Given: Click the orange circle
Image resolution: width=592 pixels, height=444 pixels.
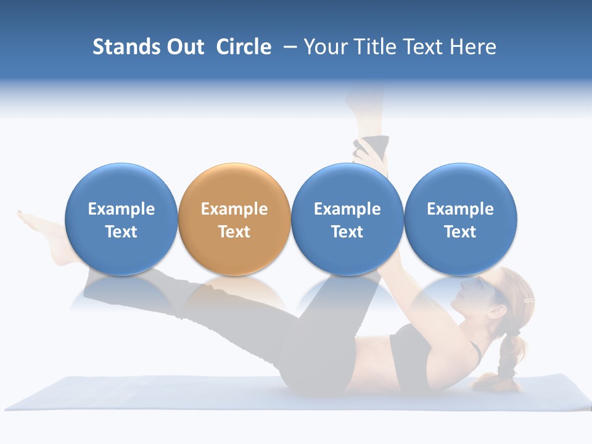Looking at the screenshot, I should coord(234,219).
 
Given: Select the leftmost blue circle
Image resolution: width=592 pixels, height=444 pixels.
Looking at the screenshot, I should coord(121,219).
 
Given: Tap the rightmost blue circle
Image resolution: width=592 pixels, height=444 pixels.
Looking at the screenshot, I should coord(460,219).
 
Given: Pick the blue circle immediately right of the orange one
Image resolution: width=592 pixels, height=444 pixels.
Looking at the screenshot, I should coord(347,219).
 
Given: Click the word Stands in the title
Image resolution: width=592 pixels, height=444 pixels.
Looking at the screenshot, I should coord(127,47).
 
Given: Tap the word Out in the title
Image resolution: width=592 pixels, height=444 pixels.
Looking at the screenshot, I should coord(186,47).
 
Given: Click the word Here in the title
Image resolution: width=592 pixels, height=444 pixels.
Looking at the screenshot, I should coord(472,47).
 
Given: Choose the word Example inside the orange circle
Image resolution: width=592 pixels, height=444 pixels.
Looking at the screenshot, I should coord(234,209).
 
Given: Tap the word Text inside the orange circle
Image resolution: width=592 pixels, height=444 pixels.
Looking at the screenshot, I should coord(234,232).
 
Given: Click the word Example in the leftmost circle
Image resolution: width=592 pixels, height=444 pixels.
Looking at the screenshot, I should coord(121,209).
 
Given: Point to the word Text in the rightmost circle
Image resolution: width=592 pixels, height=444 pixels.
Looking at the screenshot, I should coord(460,232).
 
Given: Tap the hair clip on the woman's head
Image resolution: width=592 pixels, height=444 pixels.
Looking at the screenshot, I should coord(528,300).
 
